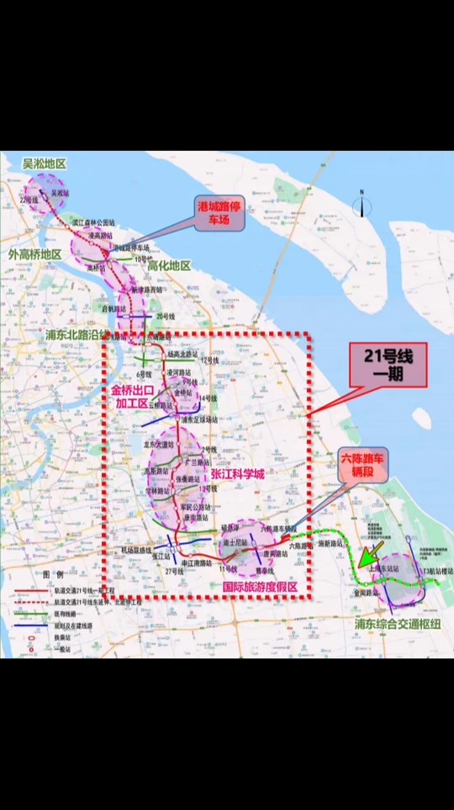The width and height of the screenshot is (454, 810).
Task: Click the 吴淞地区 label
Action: click(x=44, y=164)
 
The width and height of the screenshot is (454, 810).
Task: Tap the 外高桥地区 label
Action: click(x=34, y=253)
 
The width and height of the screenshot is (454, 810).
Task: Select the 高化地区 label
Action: click(x=169, y=266)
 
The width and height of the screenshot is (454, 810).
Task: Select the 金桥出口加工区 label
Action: click(x=136, y=397)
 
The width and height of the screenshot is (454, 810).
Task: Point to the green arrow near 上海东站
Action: click(x=370, y=555)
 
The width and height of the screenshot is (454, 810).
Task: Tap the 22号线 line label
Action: click(x=32, y=200)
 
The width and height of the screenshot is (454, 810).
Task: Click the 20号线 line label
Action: click(x=165, y=317)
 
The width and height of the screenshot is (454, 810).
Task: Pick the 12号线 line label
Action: click(x=209, y=360)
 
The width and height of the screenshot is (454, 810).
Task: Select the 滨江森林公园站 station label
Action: click(x=93, y=223)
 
